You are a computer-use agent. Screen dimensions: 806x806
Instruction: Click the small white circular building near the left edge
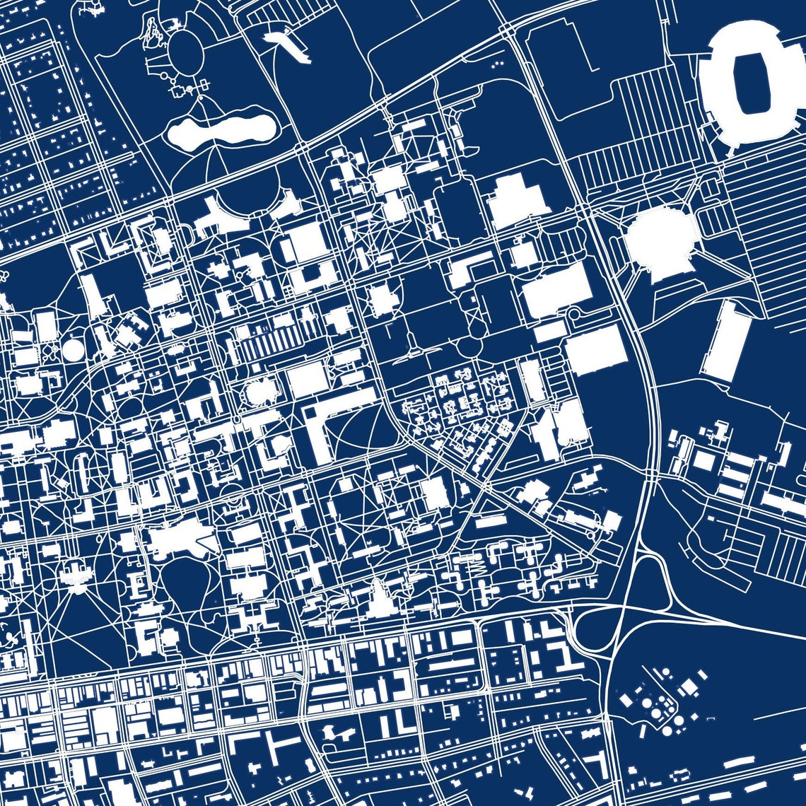tap(73, 349)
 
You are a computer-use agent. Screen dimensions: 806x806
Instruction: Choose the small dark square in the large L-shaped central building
tap(311, 411)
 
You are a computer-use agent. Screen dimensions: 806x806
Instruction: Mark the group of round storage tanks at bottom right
tap(658, 703)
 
